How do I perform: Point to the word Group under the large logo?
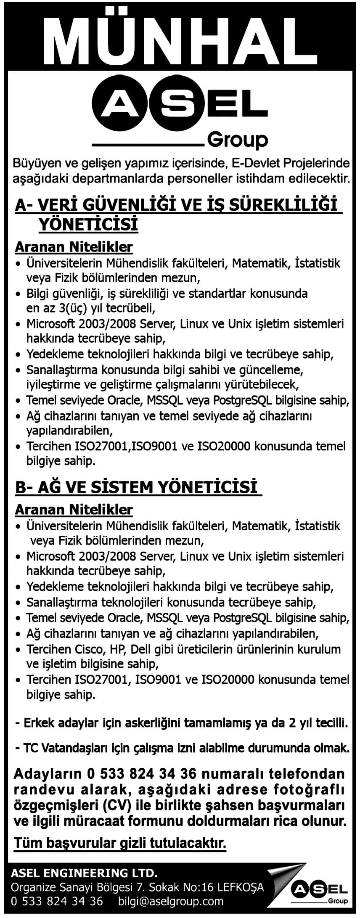coord(238,139)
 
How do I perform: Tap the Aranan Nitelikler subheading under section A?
coord(74,247)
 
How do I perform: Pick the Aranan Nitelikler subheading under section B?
coord(74,510)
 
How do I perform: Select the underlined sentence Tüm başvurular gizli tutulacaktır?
coord(120,843)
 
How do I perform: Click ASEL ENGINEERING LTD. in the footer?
coord(84,872)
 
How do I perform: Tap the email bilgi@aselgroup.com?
coord(171,901)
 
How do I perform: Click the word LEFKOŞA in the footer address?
coord(240,887)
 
